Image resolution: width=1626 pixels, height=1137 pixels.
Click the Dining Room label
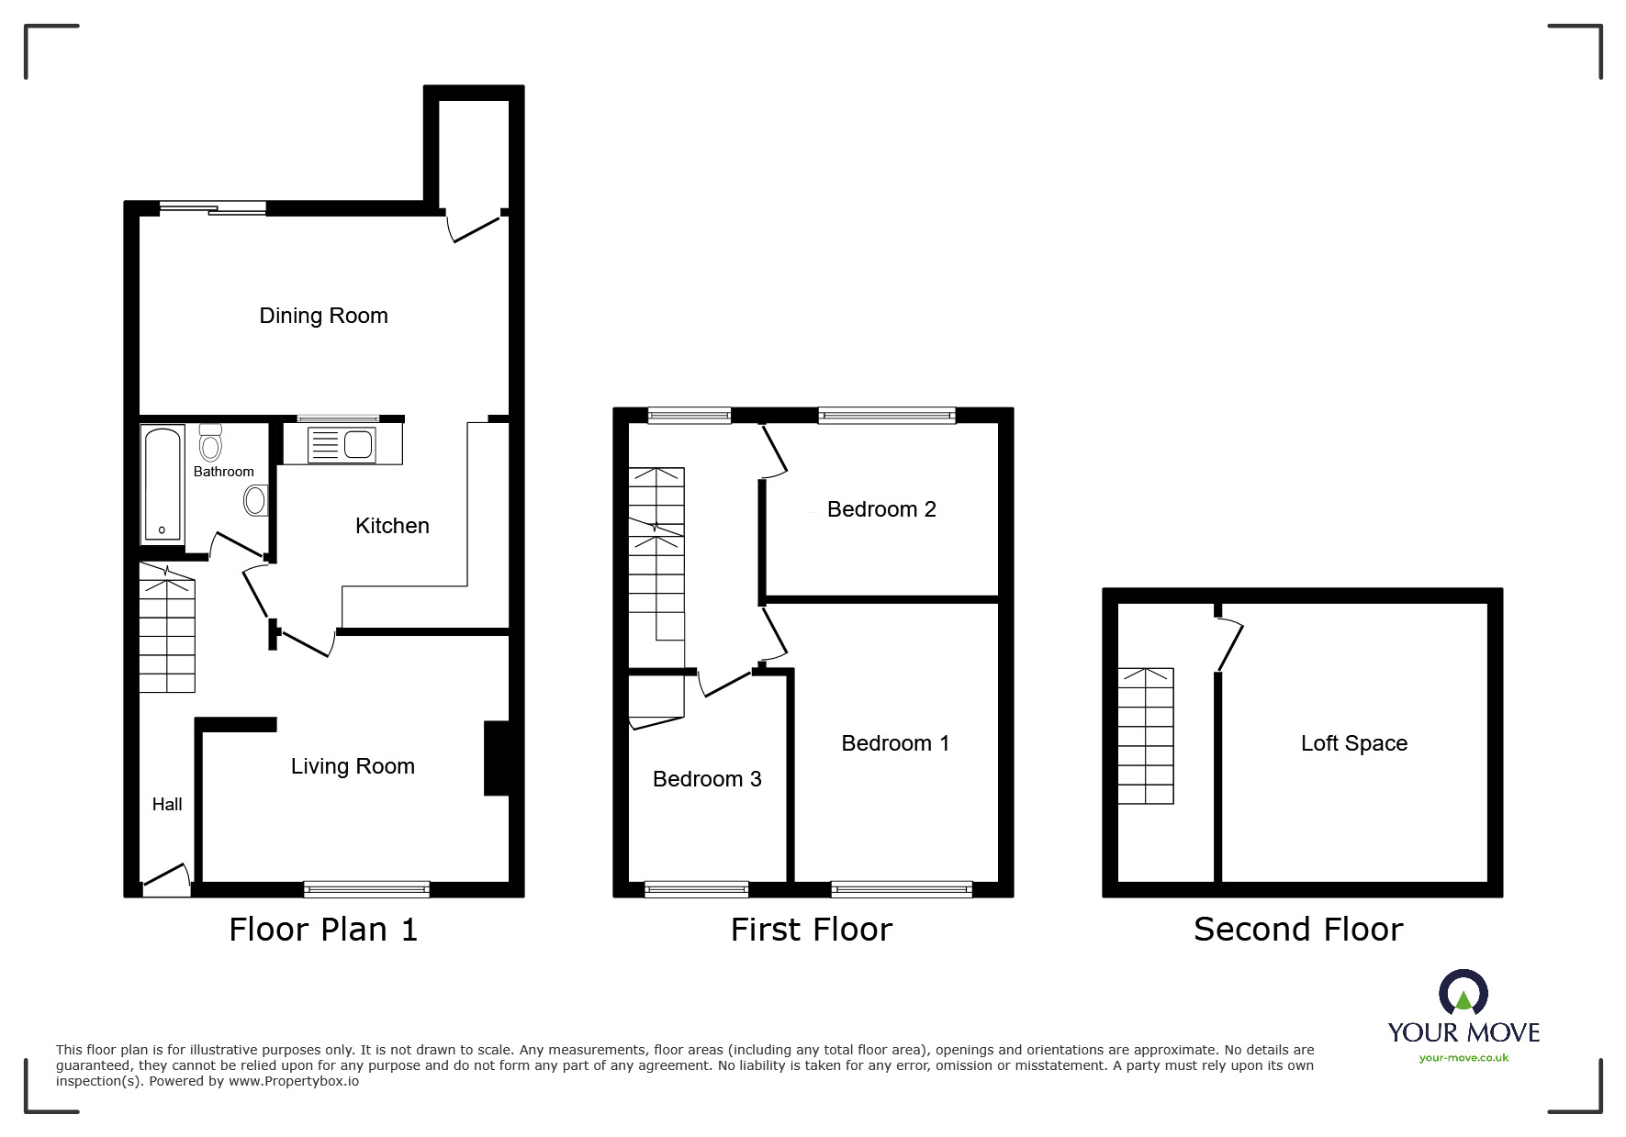(x=323, y=316)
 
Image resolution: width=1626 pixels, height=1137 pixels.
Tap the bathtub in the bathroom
(x=163, y=483)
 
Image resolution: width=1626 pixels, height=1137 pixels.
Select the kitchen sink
(x=342, y=445)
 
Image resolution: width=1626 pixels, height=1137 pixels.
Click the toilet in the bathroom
(x=210, y=444)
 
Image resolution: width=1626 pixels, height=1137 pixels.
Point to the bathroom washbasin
(x=254, y=501)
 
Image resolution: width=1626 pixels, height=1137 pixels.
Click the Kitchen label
(x=392, y=526)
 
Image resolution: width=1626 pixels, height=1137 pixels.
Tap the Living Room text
(x=353, y=766)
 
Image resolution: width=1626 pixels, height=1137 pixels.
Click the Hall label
(x=167, y=805)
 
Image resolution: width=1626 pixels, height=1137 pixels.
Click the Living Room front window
(x=366, y=888)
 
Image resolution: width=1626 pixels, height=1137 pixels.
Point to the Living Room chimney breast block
(x=496, y=758)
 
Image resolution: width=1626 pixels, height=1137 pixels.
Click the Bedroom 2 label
(x=881, y=509)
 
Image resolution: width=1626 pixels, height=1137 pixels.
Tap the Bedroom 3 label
(x=707, y=779)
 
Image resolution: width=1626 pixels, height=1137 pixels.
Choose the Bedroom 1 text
(x=895, y=743)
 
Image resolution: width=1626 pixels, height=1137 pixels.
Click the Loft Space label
(x=1353, y=743)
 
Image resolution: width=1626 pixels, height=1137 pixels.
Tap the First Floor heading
(x=811, y=930)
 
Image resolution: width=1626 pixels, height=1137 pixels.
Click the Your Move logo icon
(x=1463, y=994)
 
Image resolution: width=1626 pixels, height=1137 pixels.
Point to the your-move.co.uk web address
(x=1463, y=1058)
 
